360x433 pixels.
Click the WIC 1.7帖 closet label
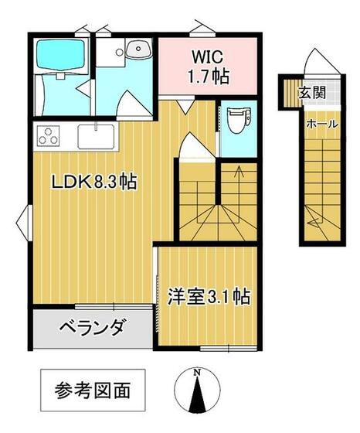coord(209,66)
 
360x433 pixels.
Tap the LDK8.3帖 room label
coord(94,182)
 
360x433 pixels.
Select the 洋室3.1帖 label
coord(209,297)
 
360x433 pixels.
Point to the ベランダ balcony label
coord(91,328)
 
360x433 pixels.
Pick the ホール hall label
coord(322,124)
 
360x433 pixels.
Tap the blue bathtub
coord(60,54)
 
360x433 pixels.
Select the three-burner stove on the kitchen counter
coord(49,135)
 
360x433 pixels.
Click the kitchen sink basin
coord(96,137)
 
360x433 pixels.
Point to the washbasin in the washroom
coord(138,49)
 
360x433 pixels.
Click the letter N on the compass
coord(197,372)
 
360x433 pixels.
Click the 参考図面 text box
coord(93,390)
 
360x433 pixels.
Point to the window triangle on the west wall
coord(24,223)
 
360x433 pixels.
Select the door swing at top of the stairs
coord(197,145)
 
